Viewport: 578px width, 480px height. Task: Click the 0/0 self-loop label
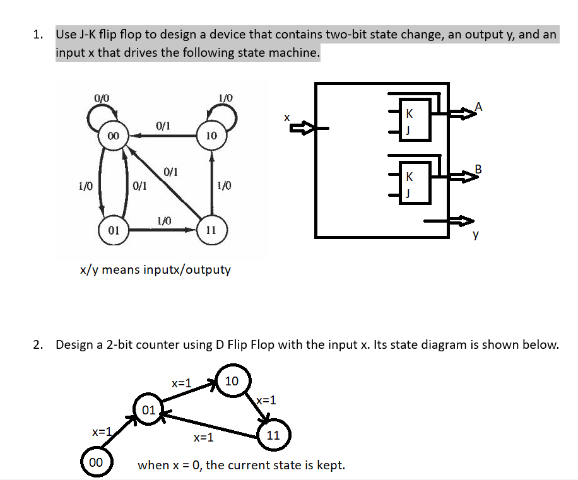click(x=102, y=98)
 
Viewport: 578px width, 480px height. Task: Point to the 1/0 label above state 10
click(x=225, y=98)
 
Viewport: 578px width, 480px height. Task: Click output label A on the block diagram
click(x=479, y=107)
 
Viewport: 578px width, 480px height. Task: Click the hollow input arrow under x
click(x=301, y=129)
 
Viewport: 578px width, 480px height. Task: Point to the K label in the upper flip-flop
click(x=410, y=115)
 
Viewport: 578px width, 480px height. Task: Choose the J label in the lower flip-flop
click(x=410, y=193)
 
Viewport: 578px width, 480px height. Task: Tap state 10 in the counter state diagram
click(x=232, y=381)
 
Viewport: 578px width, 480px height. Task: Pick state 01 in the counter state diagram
click(x=149, y=410)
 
